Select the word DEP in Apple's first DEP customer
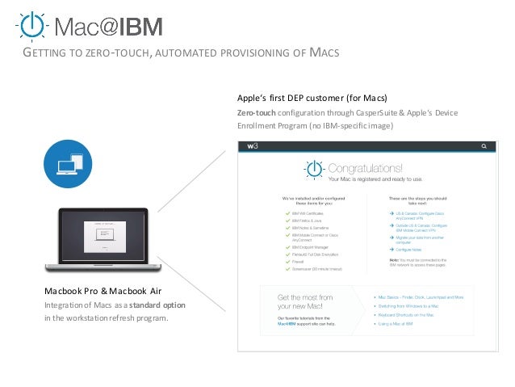pos(304,99)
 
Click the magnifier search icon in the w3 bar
pos(484,146)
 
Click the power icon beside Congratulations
pos(314,171)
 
